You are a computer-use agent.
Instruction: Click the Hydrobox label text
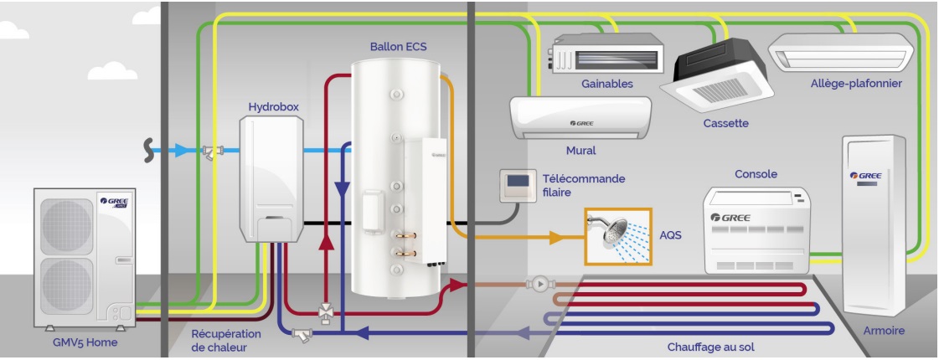(x=273, y=107)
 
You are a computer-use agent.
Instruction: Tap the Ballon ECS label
(x=398, y=47)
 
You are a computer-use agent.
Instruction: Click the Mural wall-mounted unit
(x=580, y=118)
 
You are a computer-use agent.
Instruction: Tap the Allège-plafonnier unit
(x=838, y=53)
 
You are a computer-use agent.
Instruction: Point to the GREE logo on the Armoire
(x=865, y=176)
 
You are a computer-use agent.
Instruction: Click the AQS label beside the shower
(x=670, y=235)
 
